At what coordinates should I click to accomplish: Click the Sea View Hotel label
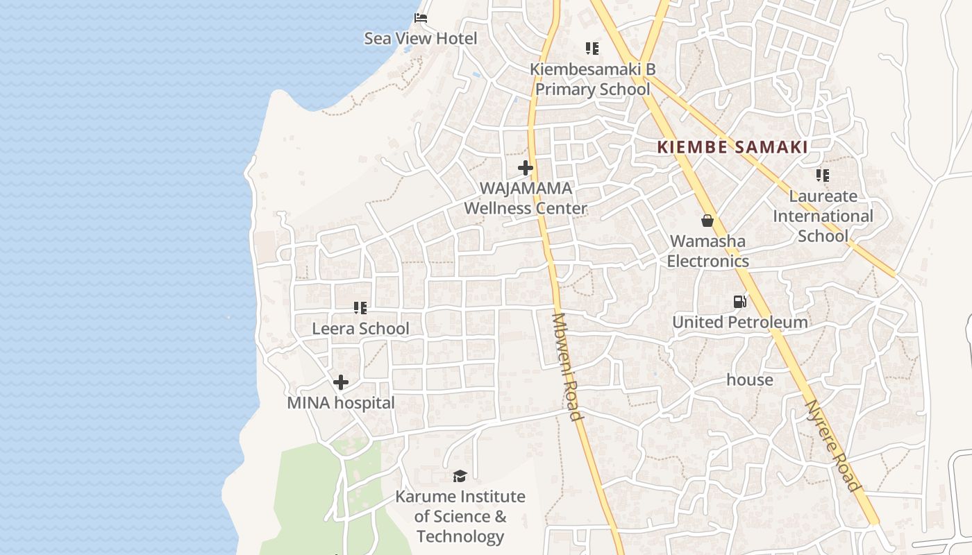421,38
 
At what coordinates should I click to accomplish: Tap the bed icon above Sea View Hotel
420,18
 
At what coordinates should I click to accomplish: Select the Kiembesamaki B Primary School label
592,79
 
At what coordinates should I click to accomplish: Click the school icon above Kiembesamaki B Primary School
592,49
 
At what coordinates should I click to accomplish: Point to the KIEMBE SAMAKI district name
732,147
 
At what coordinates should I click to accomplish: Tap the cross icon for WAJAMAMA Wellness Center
526,168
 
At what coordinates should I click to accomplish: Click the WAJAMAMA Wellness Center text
526,198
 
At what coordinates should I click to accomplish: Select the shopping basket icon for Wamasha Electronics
707,221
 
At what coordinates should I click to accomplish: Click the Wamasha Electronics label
707,251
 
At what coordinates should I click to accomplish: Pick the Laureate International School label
823,216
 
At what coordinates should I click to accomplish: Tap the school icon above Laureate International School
823,176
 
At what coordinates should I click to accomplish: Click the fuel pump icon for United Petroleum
740,302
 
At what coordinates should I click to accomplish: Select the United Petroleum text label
740,323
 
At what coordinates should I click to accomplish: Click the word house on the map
750,380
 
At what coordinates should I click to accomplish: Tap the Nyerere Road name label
832,445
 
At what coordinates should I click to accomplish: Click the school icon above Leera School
360,307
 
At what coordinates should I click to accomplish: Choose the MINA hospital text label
341,403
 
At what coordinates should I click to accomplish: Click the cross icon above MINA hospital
341,382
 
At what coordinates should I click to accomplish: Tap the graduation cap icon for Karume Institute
460,476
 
